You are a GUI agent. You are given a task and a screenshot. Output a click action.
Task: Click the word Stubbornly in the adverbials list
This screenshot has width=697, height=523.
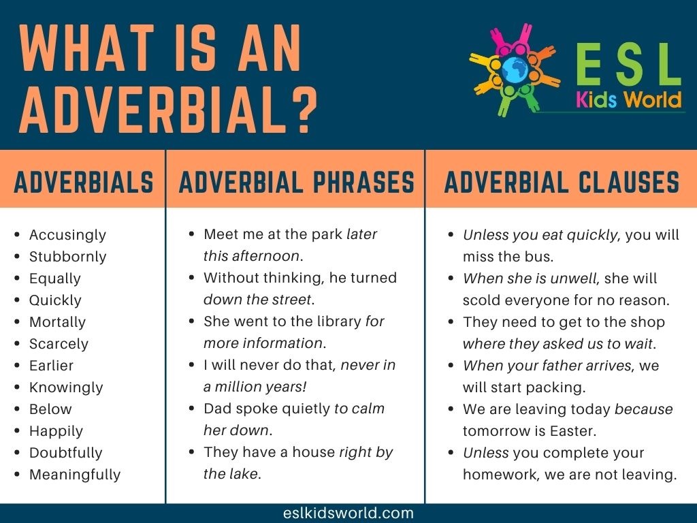point(67,257)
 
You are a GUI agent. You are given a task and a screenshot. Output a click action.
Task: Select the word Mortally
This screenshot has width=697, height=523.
point(57,322)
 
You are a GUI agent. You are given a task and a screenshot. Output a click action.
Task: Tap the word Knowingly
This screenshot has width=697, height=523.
point(66,387)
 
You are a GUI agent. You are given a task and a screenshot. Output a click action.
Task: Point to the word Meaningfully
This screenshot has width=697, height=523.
point(75,475)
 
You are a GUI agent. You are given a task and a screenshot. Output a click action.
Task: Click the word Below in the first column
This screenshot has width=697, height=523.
point(50,409)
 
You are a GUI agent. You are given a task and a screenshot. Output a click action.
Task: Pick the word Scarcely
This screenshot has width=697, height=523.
point(59,344)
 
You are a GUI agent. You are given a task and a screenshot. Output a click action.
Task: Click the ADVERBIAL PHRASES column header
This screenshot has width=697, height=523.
point(297,183)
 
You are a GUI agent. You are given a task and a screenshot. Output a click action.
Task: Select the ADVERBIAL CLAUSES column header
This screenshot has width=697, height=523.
point(562,183)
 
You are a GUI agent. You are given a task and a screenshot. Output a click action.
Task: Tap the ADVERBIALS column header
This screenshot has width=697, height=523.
point(84,183)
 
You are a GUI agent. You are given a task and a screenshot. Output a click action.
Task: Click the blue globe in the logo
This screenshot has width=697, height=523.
point(515,70)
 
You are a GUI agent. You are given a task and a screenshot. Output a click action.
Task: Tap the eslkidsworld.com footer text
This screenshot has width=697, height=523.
point(348,513)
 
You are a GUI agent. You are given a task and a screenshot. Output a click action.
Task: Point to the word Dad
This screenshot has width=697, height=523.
point(218,409)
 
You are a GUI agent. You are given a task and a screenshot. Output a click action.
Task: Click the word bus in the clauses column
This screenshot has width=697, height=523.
point(537,257)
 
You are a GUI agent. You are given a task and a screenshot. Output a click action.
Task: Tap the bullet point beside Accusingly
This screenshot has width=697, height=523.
point(17,234)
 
